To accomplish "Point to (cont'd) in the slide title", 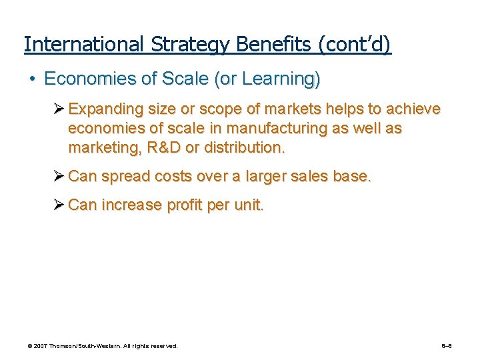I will coord(355,45).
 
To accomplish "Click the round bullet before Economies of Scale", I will coord(31,79).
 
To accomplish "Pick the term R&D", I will coord(163,147).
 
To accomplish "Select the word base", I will coord(355,176).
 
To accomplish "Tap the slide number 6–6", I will coord(447,346).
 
